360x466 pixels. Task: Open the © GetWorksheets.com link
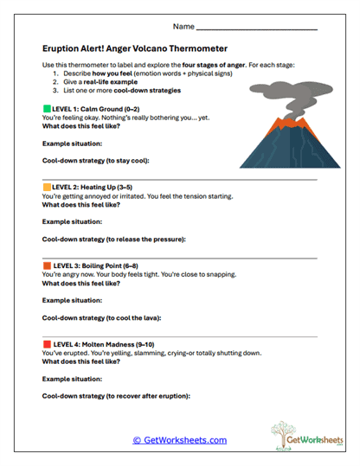point(180,440)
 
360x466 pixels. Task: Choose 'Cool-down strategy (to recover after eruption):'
point(116,396)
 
